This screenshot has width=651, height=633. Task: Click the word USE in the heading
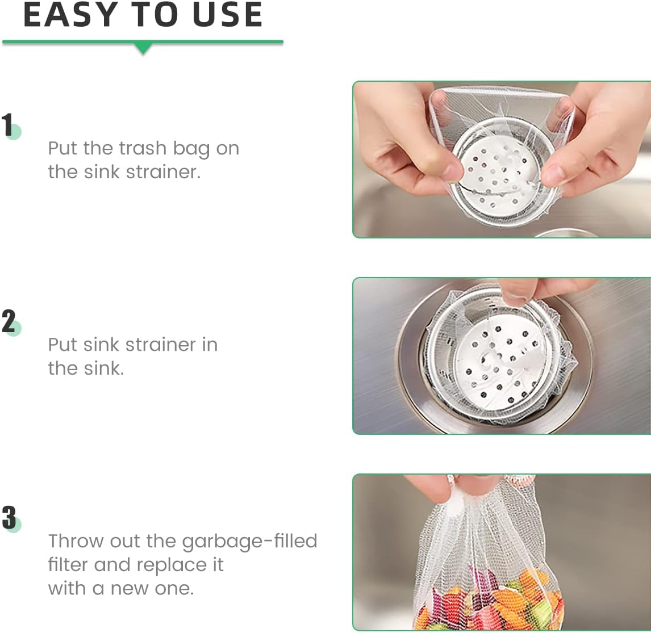tap(228, 15)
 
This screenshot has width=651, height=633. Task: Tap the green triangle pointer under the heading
tap(144, 49)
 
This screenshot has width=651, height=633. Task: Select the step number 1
tap(8, 125)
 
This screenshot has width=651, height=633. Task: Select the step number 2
tap(9, 322)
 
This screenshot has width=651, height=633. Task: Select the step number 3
tap(9, 518)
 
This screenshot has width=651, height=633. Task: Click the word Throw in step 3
tap(76, 541)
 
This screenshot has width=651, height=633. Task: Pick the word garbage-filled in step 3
tap(250, 541)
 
